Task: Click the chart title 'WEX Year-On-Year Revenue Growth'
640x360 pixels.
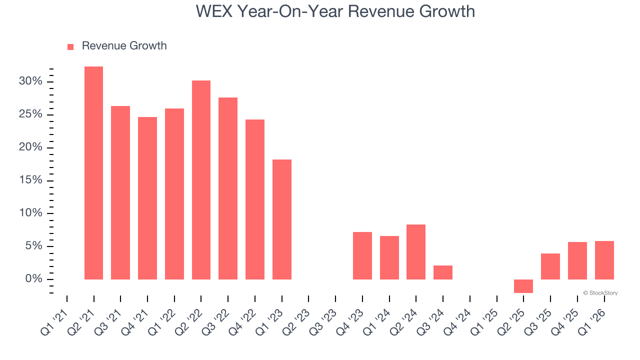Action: click(x=335, y=11)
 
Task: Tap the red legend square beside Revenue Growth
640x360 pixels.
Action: click(x=70, y=46)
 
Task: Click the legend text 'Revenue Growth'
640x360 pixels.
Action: click(x=124, y=46)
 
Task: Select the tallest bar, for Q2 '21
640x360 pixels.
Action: click(x=93, y=172)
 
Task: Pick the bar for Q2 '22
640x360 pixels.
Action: click(x=201, y=179)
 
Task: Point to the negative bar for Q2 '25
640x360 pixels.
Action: click(x=523, y=286)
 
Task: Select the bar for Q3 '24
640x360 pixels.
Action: click(x=443, y=272)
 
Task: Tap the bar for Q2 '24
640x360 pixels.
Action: click(x=416, y=251)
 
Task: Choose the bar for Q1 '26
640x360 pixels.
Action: click(x=604, y=260)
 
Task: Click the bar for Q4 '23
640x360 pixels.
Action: click(x=362, y=255)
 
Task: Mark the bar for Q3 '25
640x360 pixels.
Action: click(x=550, y=266)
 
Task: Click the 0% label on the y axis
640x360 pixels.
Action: click(x=34, y=279)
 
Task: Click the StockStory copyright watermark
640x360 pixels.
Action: click(x=600, y=293)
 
